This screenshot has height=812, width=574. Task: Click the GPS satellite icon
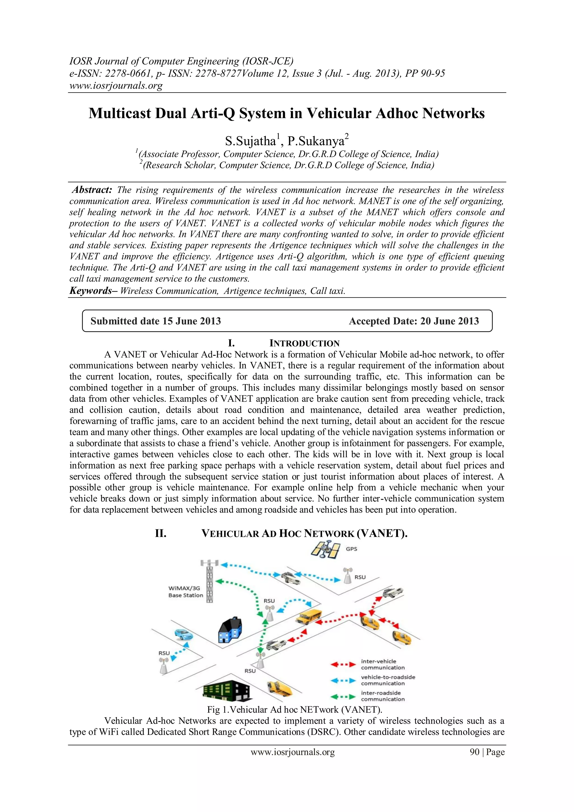tap(325, 549)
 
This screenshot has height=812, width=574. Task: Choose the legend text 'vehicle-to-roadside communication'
tap(388, 680)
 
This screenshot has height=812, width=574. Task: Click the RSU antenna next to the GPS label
tap(348, 576)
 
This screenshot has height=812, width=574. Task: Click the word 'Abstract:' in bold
tap(92, 190)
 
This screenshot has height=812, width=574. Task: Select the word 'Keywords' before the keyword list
tap(91, 291)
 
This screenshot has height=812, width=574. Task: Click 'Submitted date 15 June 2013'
tap(156, 321)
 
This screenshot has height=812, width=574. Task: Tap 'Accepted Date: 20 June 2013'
tap(413, 321)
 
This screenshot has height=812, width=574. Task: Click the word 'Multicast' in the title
tap(119, 114)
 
